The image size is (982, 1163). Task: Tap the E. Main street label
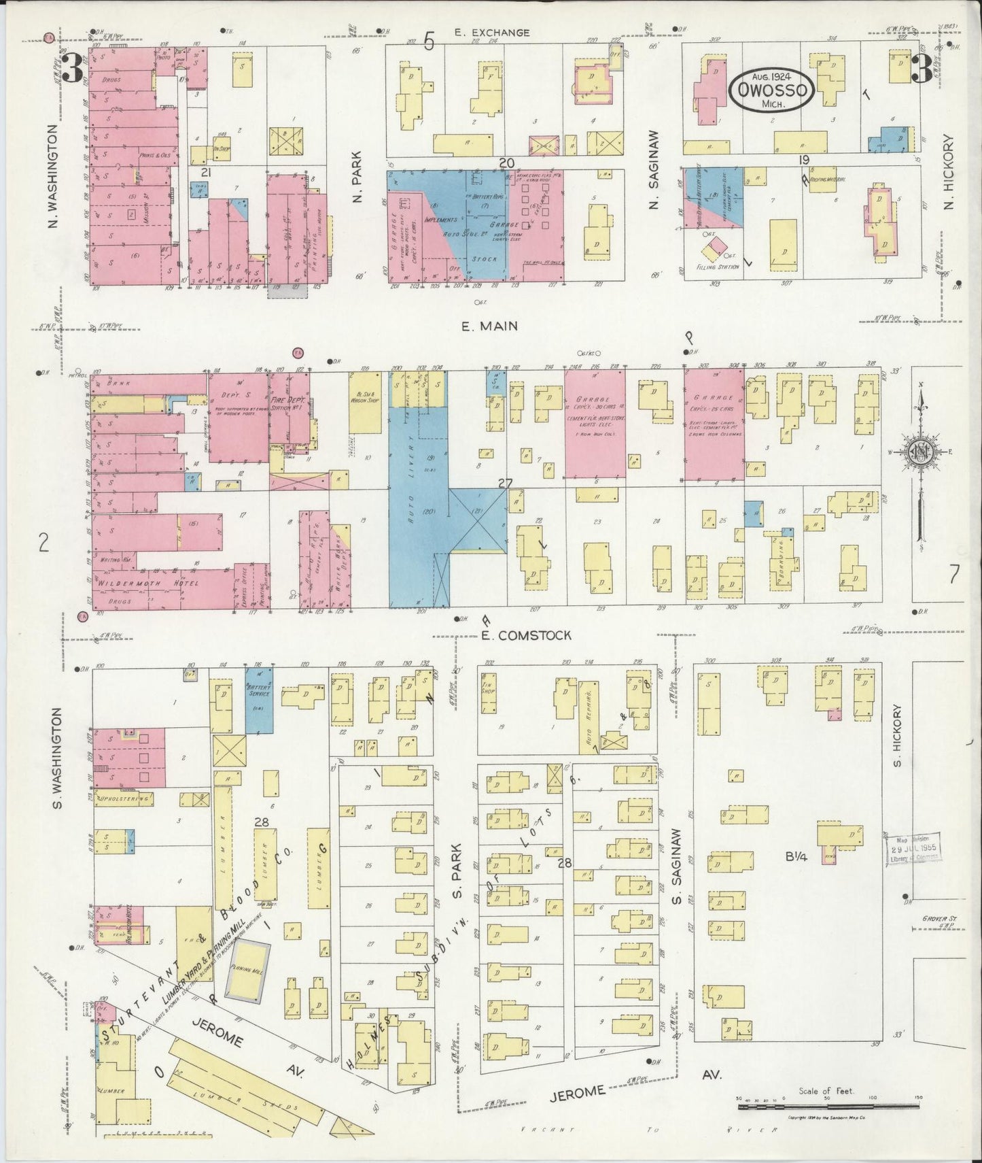click(489, 326)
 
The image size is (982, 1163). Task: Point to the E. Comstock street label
click(525, 635)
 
